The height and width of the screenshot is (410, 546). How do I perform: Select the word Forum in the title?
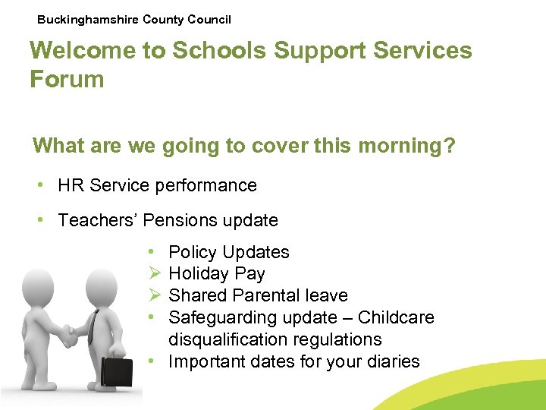[67, 78]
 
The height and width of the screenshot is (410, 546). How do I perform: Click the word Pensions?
[180, 221]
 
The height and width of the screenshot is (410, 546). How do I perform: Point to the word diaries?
[392, 361]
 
